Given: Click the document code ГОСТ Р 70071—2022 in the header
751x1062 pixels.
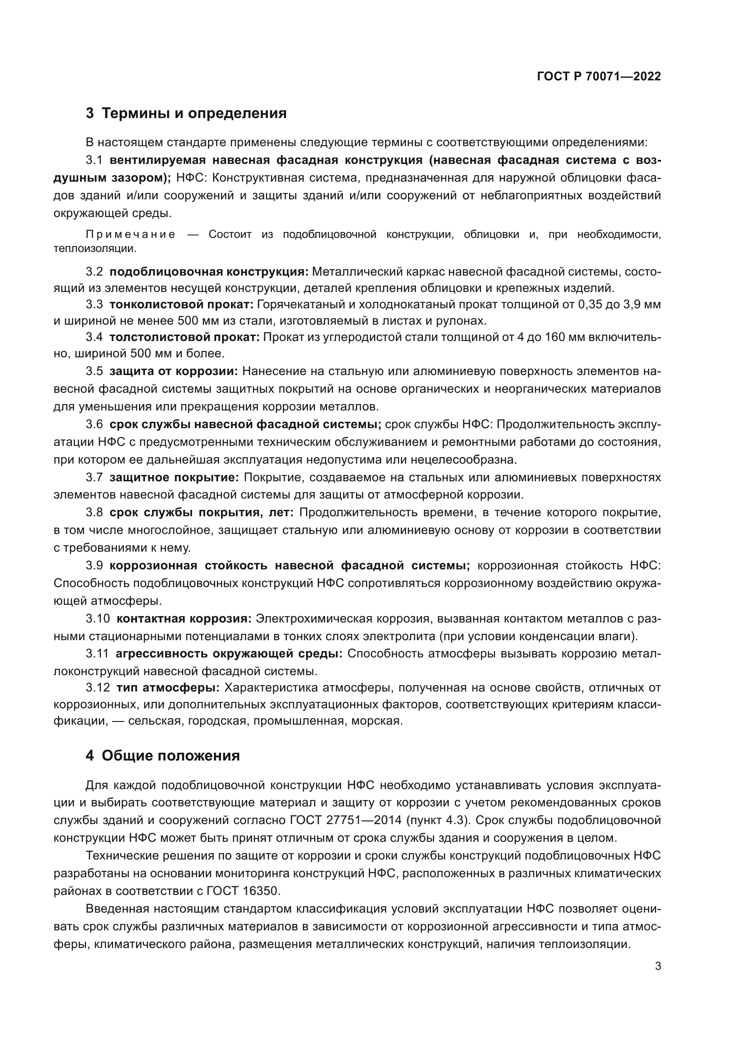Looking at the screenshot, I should click(599, 76).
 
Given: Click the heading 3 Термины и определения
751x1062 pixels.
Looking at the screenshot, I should click(186, 114).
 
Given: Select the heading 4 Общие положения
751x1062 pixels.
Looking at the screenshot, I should click(163, 756).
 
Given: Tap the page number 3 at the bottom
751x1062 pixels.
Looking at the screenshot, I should click(658, 966).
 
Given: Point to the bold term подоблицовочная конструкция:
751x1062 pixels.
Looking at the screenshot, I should click(209, 272).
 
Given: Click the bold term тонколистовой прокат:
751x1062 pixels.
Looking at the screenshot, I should click(181, 304).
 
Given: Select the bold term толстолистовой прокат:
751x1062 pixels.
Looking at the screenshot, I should click(185, 337).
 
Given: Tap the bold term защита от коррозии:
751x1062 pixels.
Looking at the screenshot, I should click(173, 371).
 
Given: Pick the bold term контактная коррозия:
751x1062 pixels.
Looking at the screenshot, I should click(183, 619).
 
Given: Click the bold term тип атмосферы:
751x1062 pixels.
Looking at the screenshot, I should click(168, 688).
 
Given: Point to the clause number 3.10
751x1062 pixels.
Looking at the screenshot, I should click(98, 619).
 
